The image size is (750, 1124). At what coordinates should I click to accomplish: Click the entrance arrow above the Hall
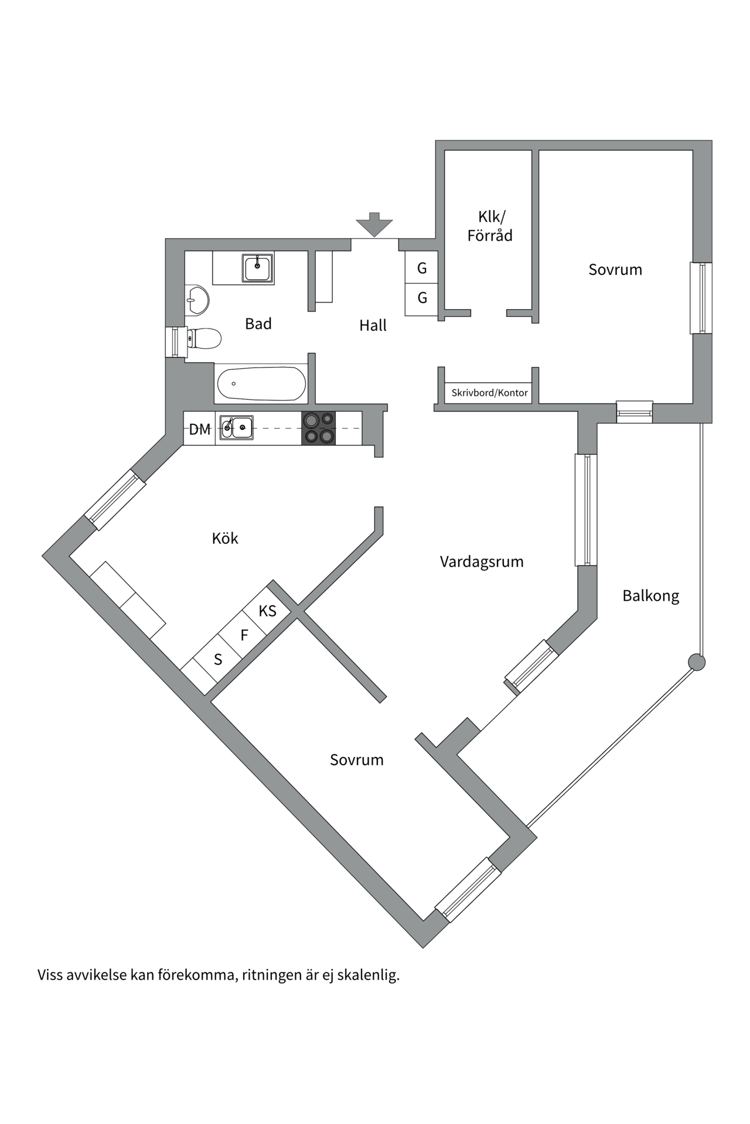click(x=374, y=224)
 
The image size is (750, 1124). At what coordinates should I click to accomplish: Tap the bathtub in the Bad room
click(x=261, y=384)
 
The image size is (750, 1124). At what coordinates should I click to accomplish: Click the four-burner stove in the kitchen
click(x=319, y=429)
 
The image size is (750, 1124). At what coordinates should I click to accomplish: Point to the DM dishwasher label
click(x=200, y=430)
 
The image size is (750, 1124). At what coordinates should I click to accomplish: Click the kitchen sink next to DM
click(x=236, y=428)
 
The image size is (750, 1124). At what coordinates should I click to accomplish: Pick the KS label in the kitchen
click(x=267, y=611)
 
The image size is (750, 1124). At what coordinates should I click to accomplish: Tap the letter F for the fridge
click(x=244, y=635)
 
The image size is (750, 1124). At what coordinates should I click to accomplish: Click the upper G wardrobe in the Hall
click(x=422, y=269)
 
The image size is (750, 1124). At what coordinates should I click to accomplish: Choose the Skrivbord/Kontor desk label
click(x=489, y=393)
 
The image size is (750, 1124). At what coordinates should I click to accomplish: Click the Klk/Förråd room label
click(x=490, y=226)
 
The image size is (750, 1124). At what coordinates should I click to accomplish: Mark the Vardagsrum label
click(x=482, y=562)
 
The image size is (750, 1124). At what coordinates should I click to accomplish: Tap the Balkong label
click(x=650, y=596)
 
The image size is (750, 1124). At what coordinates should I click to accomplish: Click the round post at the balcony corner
click(x=696, y=662)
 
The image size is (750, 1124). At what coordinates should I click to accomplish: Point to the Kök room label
click(x=225, y=539)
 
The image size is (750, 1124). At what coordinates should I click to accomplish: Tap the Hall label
click(x=373, y=325)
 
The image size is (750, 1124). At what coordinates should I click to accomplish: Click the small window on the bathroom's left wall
click(x=174, y=342)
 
